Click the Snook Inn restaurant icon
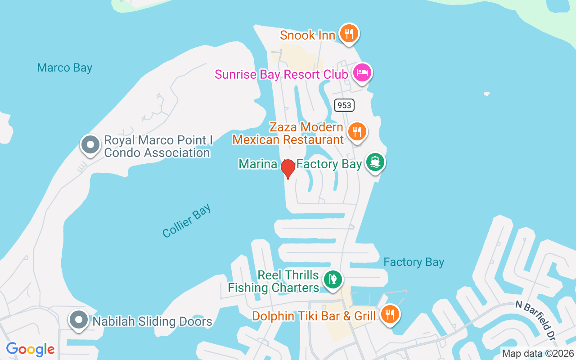point(349,33)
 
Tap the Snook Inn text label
point(307,35)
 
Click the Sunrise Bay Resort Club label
point(281,74)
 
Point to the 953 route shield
point(345,105)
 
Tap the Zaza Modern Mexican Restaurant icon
point(357,131)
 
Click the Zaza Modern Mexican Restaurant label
point(288,134)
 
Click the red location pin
point(288,168)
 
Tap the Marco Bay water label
point(65,68)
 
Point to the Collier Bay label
point(187,220)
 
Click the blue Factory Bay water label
point(414,262)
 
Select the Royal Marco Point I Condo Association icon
point(90,145)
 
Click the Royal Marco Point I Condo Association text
point(158,147)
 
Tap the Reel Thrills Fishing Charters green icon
point(333,279)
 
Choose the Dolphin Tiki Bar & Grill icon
point(389,314)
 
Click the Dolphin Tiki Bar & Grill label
point(314,316)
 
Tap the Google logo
point(30,349)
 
